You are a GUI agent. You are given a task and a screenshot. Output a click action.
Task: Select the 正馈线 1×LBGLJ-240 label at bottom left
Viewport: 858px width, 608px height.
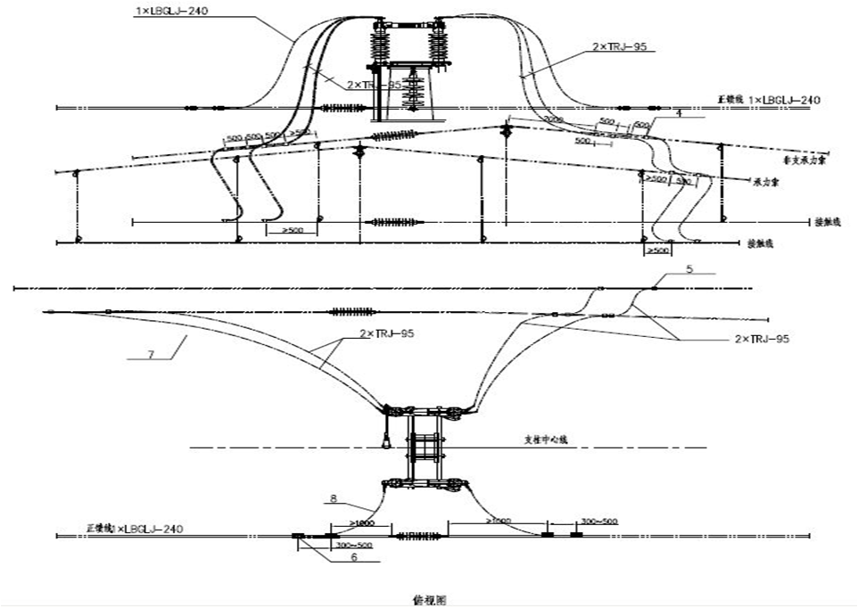click(134, 529)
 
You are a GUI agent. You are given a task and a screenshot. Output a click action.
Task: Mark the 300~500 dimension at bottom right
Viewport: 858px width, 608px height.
click(598, 521)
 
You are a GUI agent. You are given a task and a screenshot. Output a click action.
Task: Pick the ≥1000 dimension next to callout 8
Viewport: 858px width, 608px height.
click(362, 522)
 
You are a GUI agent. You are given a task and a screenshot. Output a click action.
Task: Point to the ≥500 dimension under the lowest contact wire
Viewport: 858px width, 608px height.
click(658, 252)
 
